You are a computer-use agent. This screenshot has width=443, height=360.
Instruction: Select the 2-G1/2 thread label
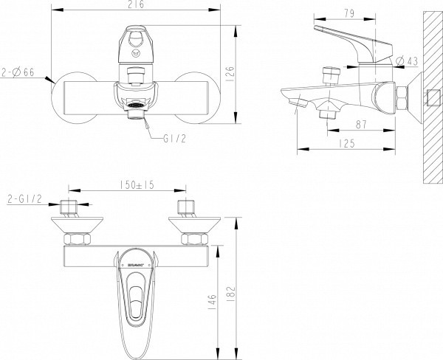(x=24, y=199)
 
